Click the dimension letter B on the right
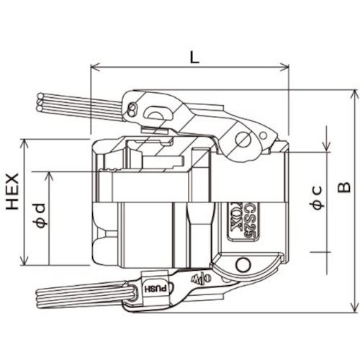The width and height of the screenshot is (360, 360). (343, 189)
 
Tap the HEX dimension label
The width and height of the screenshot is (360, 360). (13, 192)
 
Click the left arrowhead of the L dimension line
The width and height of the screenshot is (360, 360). (94, 69)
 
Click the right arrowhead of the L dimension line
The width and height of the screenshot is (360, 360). (287, 69)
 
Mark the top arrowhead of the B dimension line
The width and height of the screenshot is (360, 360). (354, 93)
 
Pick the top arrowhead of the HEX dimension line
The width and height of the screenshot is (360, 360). (26, 141)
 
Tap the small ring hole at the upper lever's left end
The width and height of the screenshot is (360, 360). (132, 109)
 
